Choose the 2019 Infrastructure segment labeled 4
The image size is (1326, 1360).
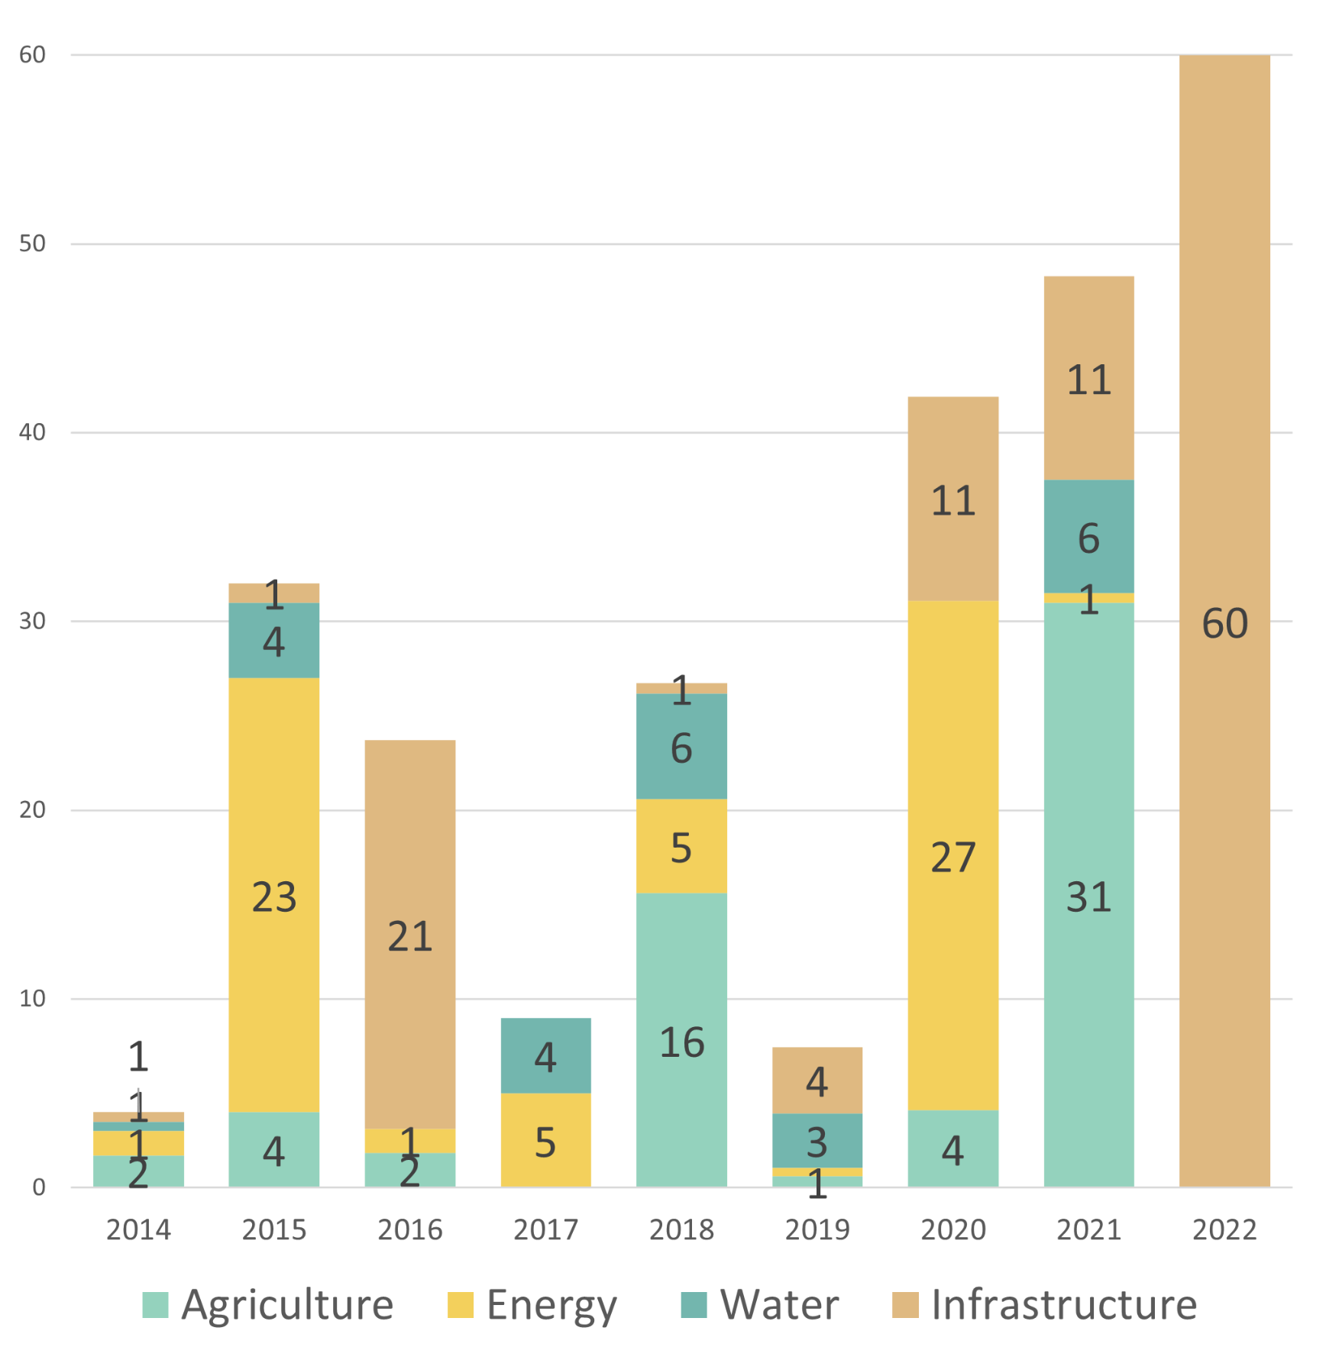817,1080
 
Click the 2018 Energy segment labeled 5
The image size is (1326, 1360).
681,846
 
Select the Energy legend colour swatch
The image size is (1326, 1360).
461,1305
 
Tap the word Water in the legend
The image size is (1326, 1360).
779,1304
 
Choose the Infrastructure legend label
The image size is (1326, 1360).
1064,1304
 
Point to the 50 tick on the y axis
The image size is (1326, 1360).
33,244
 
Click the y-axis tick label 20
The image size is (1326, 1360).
33,809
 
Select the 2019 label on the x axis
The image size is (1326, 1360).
817,1230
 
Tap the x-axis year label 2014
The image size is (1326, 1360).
138,1230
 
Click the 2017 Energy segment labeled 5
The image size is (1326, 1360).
545,1140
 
